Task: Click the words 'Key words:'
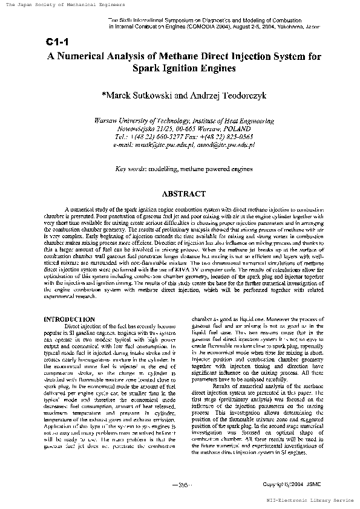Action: (129, 169)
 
